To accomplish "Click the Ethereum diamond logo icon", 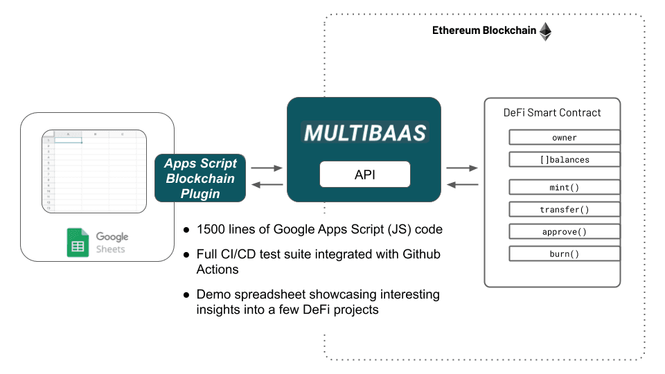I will pos(546,31).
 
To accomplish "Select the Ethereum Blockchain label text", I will pos(484,31).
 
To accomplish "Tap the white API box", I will pos(364,175).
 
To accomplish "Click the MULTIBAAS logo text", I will pos(364,133).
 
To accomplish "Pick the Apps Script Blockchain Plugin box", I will pos(200,179).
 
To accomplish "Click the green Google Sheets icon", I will pos(78,243).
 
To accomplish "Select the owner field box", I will pos(564,137).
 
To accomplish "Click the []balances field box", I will pos(564,159).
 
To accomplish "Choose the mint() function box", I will pos(564,187).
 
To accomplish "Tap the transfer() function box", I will pos(564,209).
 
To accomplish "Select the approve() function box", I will pos(564,231).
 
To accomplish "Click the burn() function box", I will pos(564,253).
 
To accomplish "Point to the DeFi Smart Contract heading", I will pos(552,112).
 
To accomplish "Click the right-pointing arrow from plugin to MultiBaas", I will pos(267,168).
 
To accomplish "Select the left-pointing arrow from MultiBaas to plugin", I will pos(267,184).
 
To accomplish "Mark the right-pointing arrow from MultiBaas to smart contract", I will pos(462,168).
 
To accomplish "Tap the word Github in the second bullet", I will pos(420,255).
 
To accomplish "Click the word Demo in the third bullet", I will pos(214,294).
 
